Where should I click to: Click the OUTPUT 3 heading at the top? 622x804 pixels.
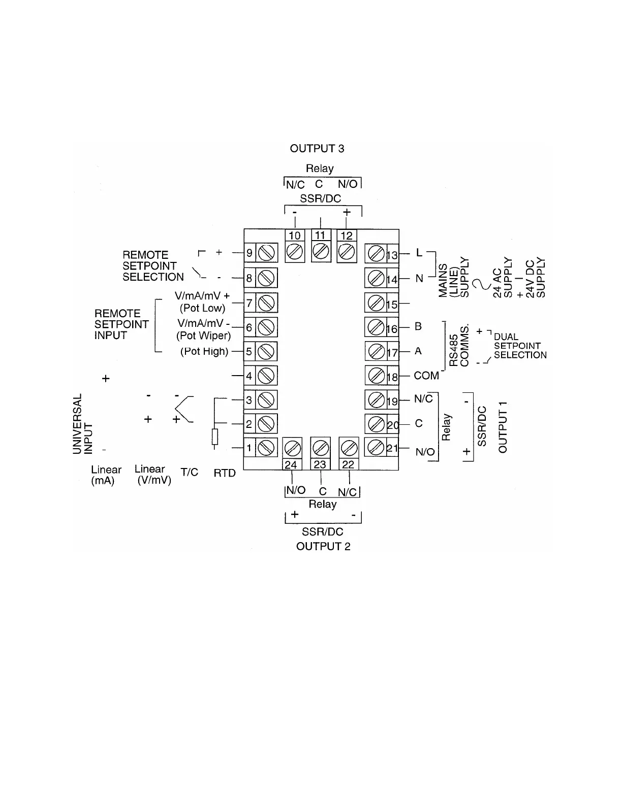[x=317, y=148]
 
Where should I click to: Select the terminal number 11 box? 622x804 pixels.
[x=320, y=236]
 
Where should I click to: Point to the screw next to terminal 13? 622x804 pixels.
[x=376, y=253]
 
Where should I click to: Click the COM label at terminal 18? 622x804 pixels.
[x=426, y=376]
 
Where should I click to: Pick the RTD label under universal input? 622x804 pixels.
[x=225, y=473]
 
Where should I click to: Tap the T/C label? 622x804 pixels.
[x=190, y=473]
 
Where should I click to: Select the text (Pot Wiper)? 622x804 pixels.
[x=203, y=336]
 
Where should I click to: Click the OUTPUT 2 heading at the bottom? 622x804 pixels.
[x=323, y=546]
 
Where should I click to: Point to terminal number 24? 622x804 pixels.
[x=291, y=464]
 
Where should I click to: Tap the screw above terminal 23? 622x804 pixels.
[x=320, y=448]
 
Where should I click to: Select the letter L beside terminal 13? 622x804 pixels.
[x=419, y=252]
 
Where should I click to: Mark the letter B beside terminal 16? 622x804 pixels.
[x=418, y=326]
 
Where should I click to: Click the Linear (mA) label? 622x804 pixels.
[x=106, y=475]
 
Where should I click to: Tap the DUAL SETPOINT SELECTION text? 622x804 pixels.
[x=520, y=346]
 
